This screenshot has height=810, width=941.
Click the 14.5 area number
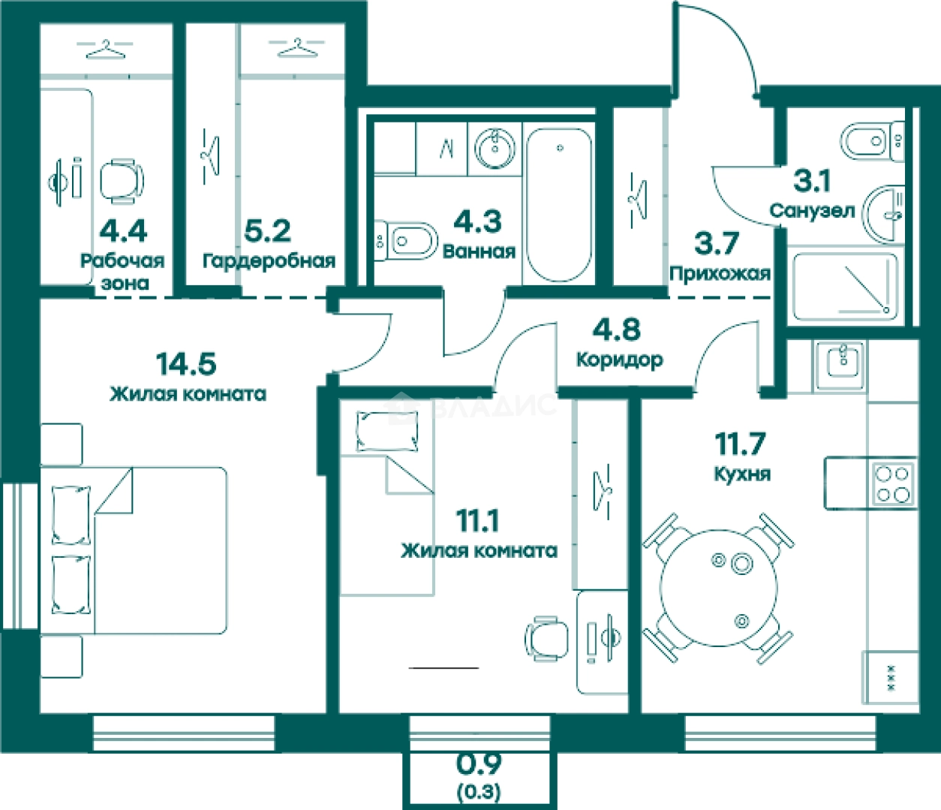coord(186,364)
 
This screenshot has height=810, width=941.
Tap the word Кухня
coord(742,474)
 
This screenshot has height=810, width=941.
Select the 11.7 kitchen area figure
coord(740,444)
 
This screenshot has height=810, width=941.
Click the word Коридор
coord(620,360)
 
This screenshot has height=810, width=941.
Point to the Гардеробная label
coord(269,261)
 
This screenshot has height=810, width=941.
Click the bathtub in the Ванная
coord(560,205)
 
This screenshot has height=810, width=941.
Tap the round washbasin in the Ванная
coord(495,148)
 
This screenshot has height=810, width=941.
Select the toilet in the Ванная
coord(405,241)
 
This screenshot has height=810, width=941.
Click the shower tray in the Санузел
coord(846,287)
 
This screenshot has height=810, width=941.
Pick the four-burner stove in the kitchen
coord(893,483)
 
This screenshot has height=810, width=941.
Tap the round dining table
coord(718,588)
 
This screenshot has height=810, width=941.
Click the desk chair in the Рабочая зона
coord(122,182)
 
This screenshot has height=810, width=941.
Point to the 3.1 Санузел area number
coord(812,181)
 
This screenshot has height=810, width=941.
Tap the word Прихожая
coord(720,274)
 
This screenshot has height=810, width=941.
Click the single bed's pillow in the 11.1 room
coord(387,431)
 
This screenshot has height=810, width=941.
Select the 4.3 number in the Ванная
coord(477,222)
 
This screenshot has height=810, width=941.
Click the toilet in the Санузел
coord(872,141)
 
